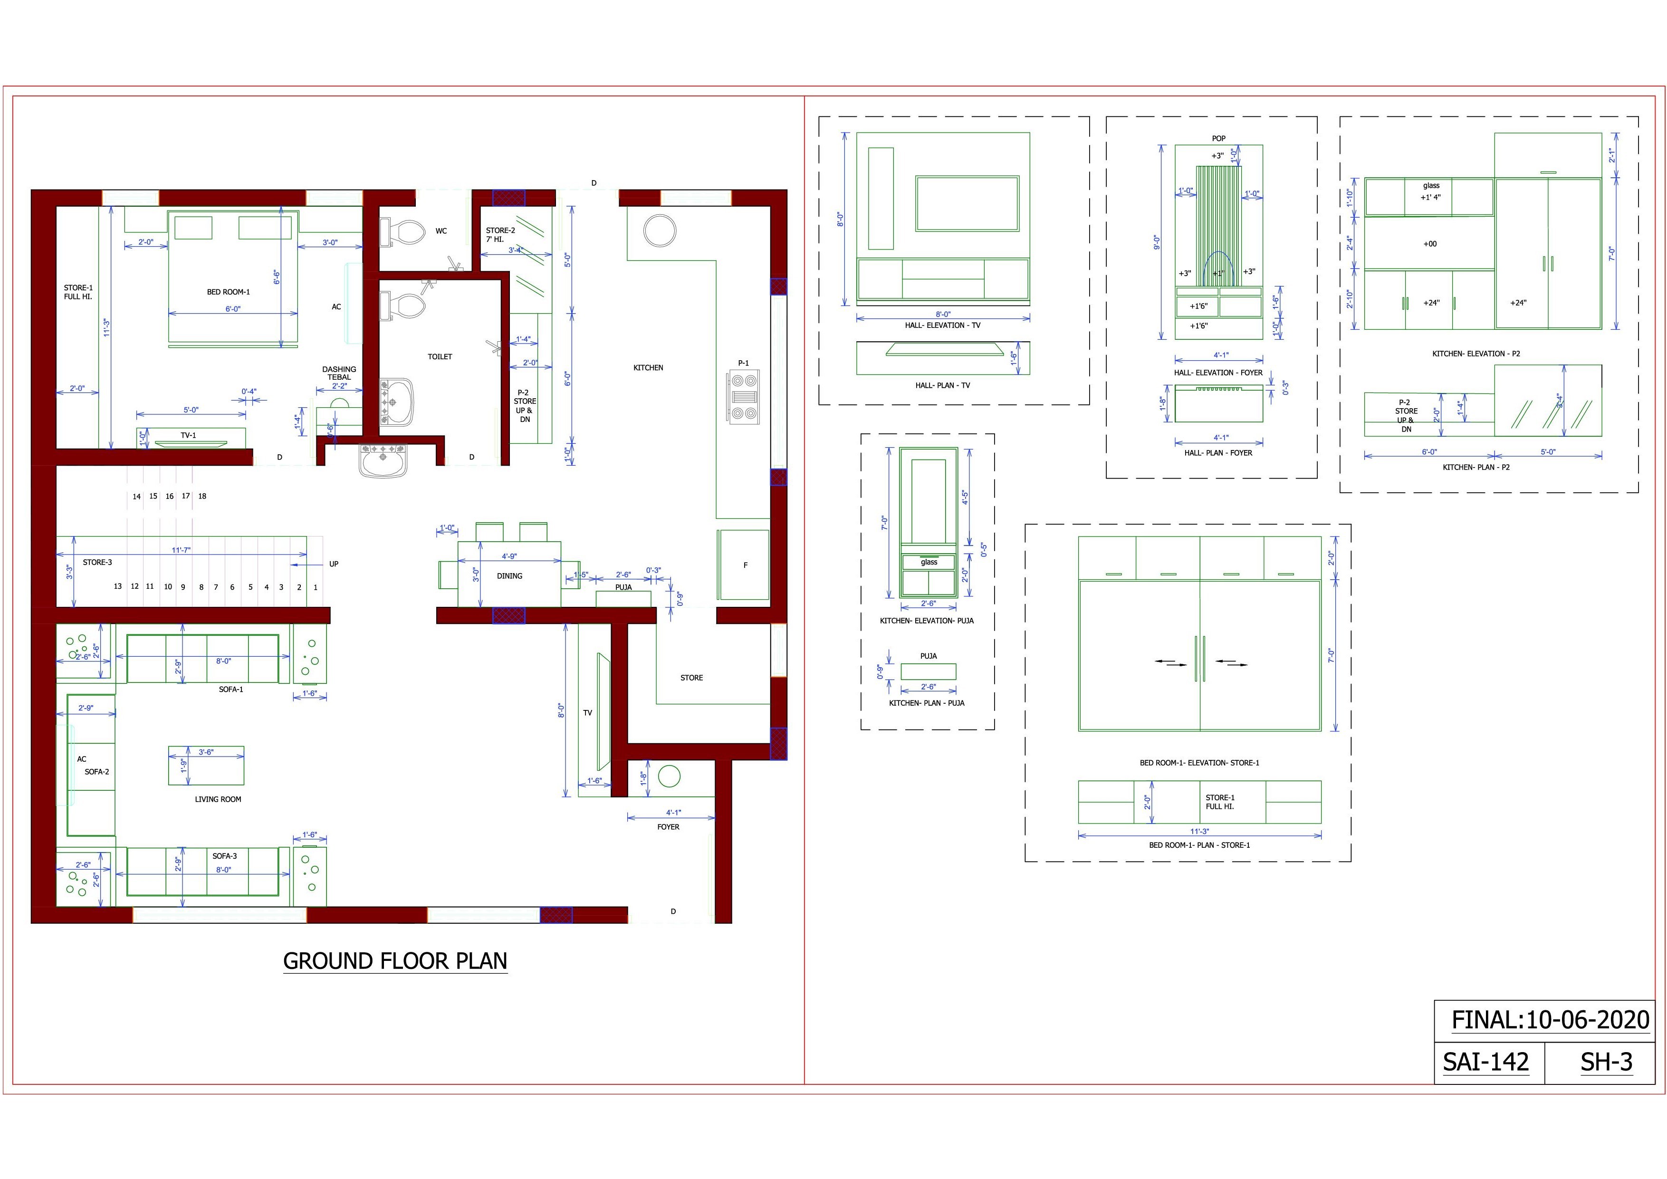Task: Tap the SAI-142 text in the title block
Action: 1485,1062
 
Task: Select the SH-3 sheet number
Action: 1606,1062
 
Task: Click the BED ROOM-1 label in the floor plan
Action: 228,292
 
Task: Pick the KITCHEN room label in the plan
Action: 648,368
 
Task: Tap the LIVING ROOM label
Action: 218,799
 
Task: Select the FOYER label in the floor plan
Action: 668,827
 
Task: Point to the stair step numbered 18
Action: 202,497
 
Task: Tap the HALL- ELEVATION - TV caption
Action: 942,325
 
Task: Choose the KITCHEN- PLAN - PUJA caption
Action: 927,703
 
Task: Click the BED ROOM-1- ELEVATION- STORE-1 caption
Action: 1199,763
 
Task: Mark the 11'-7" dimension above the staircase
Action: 181,550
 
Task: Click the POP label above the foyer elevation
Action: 1218,139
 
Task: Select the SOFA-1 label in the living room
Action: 231,689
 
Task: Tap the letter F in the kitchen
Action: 745,565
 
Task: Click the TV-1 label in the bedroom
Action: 188,436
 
